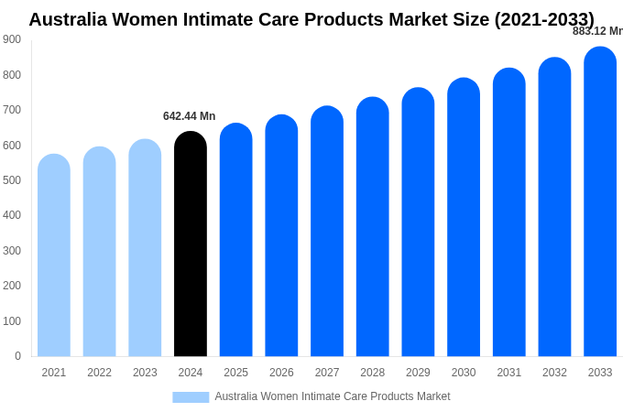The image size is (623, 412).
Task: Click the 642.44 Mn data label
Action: click(189, 116)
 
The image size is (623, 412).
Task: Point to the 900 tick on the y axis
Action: click(12, 39)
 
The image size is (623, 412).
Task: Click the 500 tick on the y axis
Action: click(12, 180)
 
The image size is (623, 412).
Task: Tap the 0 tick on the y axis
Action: click(17, 356)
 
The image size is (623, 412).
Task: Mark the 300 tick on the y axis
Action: click(12, 251)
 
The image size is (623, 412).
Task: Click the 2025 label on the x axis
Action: click(235, 373)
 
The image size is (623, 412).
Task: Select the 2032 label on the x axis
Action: click(554, 373)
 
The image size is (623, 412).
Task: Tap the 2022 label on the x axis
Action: click(99, 373)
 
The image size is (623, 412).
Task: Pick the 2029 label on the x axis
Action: click(418, 373)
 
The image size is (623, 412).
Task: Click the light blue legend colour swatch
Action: click(191, 397)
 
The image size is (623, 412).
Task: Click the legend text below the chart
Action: click(332, 396)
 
